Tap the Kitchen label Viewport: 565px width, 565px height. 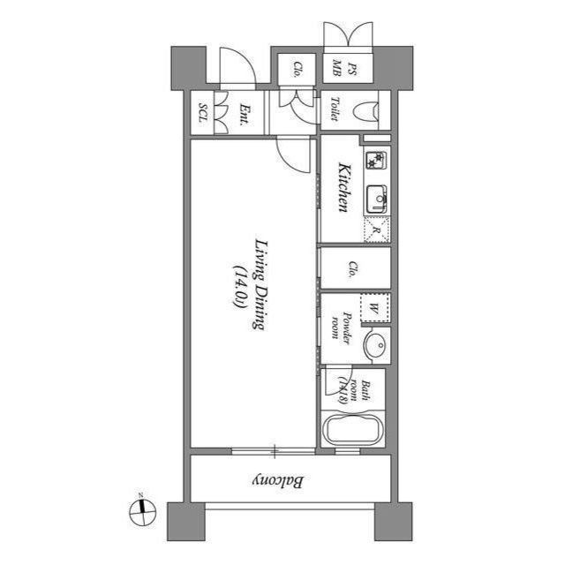[344, 187]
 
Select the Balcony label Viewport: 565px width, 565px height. [280, 482]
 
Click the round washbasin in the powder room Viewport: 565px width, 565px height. [375, 344]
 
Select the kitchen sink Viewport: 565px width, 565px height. [377, 200]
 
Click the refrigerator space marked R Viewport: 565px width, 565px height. [376, 230]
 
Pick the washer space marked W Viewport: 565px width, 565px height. [373, 308]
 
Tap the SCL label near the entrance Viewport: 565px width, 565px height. [203, 113]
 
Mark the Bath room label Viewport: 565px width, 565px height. [351, 385]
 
